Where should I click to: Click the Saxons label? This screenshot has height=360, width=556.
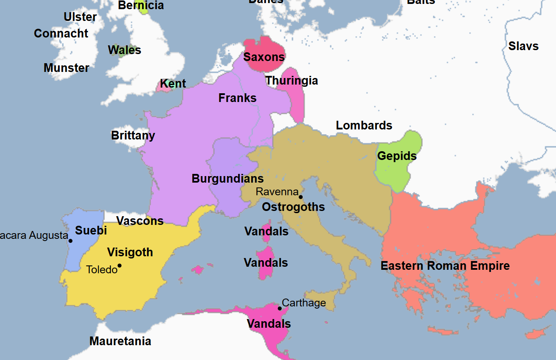pyautogui.click(x=264, y=57)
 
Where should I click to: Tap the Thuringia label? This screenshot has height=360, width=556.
pyautogui.click(x=292, y=81)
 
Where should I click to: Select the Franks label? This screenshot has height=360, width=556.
pyautogui.click(x=237, y=98)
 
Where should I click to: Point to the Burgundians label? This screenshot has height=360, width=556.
pyautogui.click(x=228, y=179)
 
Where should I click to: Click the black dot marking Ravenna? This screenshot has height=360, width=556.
pyautogui.click(x=300, y=197)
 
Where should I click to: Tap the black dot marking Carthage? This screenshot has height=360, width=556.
pyautogui.click(x=280, y=309)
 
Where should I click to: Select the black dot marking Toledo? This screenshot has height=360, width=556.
pyautogui.click(x=119, y=265)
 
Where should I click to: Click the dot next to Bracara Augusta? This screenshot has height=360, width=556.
pyautogui.click(x=71, y=241)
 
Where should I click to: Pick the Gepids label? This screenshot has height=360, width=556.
pyautogui.click(x=397, y=156)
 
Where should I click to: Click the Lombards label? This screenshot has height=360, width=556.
pyautogui.click(x=364, y=126)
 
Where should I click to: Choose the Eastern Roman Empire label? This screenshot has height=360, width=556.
pyautogui.click(x=445, y=266)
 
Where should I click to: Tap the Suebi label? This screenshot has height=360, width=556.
pyautogui.click(x=91, y=231)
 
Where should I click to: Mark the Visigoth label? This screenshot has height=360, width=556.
pyautogui.click(x=130, y=252)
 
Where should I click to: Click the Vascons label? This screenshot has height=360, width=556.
pyautogui.click(x=140, y=221)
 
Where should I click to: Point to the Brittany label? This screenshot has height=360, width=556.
pyautogui.click(x=133, y=136)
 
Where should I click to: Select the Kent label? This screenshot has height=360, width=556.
pyautogui.click(x=173, y=84)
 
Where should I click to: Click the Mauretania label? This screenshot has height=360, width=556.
pyautogui.click(x=120, y=341)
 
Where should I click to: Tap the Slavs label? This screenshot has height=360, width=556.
pyautogui.click(x=523, y=46)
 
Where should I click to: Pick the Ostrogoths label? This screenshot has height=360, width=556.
pyautogui.click(x=293, y=207)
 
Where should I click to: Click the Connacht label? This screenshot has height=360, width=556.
pyautogui.click(x=61, y=34)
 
